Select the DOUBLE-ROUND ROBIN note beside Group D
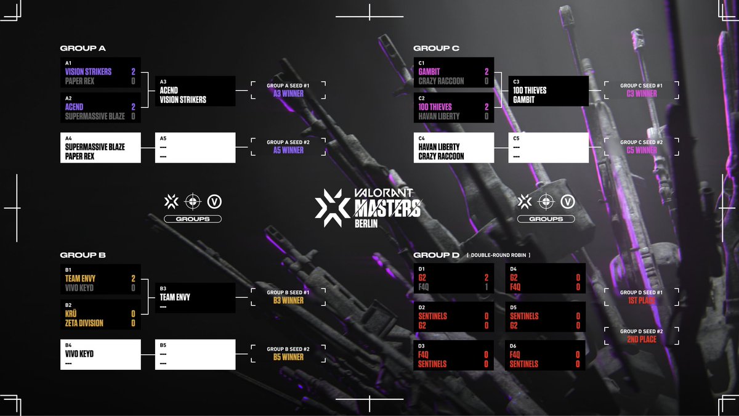[x=499, y=255]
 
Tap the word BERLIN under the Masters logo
[x=366, y=224]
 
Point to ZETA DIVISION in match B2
[x=84, y=323]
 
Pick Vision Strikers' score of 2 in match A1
[x=133, y=71]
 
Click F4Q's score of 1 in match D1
[x=487, y=287]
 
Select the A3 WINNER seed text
[x=288, y=94]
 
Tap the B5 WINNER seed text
[x=288, y=357]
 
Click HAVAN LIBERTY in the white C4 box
[x=441, y=147]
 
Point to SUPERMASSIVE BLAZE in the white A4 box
[x=95, y=147]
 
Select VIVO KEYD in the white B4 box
[x=79, y=354]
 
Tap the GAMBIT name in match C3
[x=525, y=100]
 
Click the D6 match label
[x=513, y=346]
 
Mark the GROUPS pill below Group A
[x=193, y=219]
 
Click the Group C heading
[x=436, y=48]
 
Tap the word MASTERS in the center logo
[x=387, y=208]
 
